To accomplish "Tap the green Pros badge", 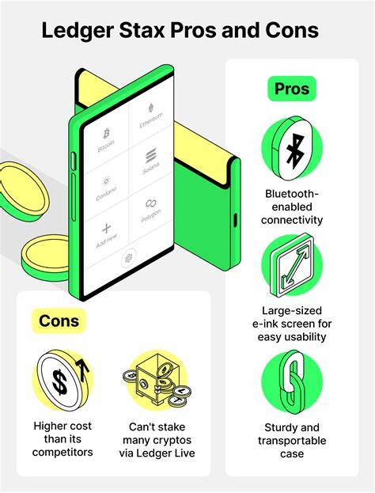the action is [292, 89].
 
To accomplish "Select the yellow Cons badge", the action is [59, 320].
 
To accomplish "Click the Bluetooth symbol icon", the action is [295, 152].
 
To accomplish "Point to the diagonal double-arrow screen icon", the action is [293, 265].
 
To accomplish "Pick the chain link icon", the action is [294, 382].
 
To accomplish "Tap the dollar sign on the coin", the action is [59, 382].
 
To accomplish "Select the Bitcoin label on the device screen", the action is [106, 146].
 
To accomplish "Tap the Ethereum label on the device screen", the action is [151, 120].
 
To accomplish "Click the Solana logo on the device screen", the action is [151, 156].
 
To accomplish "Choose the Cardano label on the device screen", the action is [106, 194].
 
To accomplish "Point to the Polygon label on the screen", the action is [151, 216].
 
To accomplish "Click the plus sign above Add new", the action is [107, 229].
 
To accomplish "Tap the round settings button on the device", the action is [128, 259].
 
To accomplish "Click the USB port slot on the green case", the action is [235, 219].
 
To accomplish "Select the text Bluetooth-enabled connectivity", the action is [292, 207].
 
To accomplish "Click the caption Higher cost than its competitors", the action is [62, 439].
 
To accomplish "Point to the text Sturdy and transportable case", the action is [292, 441].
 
